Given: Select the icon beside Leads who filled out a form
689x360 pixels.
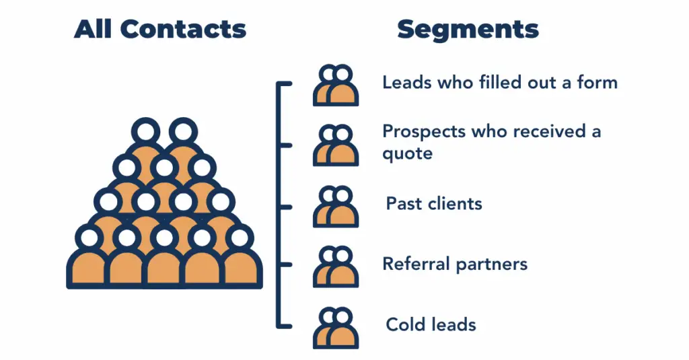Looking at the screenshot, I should pyautogui.click(x=335, y=85).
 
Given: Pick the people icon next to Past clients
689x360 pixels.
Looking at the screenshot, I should pyautogui.click(x=335, y=207).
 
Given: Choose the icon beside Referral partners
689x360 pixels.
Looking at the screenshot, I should pyautogui.click(x=335, y=266).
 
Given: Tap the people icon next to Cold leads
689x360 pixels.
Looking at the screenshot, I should pyautogui.click(x=335, y=328).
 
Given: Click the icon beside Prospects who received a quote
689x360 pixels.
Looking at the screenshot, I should pyautogui.click(x=335, y=145).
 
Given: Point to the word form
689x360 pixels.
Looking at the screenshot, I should pyautogui.click(x=596, y=83).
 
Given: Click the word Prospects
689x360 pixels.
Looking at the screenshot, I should pyautogui.click(x=423, y=131).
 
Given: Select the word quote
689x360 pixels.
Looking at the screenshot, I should pyautogui.click(x=407, y=154).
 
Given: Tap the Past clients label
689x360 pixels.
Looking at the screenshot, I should pyautogui.click(x=434, y=203).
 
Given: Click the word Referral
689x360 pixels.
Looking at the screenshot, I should pyautogui.click(x=416, y=264).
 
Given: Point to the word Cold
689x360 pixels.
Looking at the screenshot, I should pyautogui.click(x=406, y=324).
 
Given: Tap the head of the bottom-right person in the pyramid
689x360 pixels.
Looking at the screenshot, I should pyautogui.click(x=240, y=238).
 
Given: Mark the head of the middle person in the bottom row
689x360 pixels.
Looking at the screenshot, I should pyautogui.click(x=165, y=238).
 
